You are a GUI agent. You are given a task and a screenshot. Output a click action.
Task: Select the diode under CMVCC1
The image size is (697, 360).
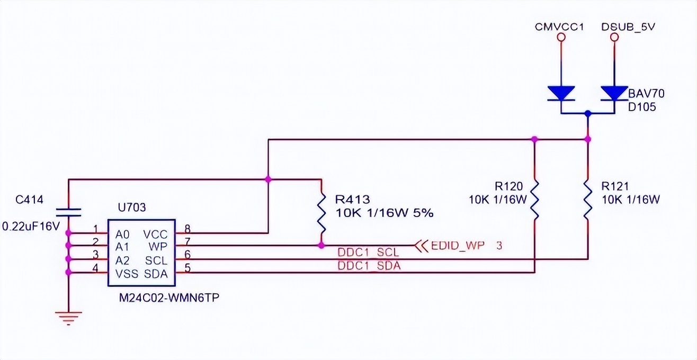(561, 94)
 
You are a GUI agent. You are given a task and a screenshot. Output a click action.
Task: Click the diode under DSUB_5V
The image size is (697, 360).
(614, 94)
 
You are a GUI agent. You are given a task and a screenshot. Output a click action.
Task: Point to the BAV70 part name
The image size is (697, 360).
(646, 94)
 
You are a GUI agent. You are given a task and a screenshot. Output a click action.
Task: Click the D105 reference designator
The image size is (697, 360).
(642, 107)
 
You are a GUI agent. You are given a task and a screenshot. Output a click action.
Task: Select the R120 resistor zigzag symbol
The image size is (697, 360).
(534, 200)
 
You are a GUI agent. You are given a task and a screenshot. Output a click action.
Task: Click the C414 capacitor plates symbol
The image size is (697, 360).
(68, 212)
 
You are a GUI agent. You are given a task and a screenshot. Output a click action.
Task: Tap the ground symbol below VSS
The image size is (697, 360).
(68, 317)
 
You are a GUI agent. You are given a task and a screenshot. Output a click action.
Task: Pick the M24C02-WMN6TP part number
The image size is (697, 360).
(169, 298)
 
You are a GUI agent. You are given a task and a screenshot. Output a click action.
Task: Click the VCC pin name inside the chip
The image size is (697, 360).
(155, 234)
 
